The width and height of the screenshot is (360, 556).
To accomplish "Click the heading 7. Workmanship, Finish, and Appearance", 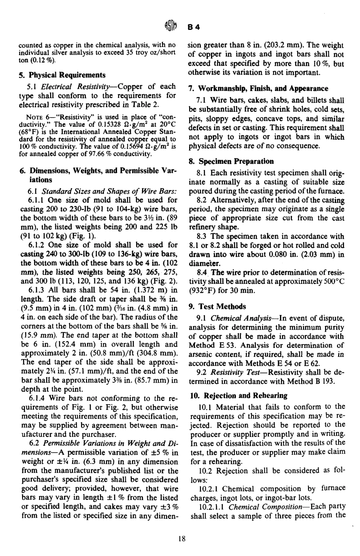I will pos(258,88).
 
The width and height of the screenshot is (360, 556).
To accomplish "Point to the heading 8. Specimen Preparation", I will pos(231,161).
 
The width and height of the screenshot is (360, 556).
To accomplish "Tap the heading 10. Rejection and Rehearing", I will pos(238,396).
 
